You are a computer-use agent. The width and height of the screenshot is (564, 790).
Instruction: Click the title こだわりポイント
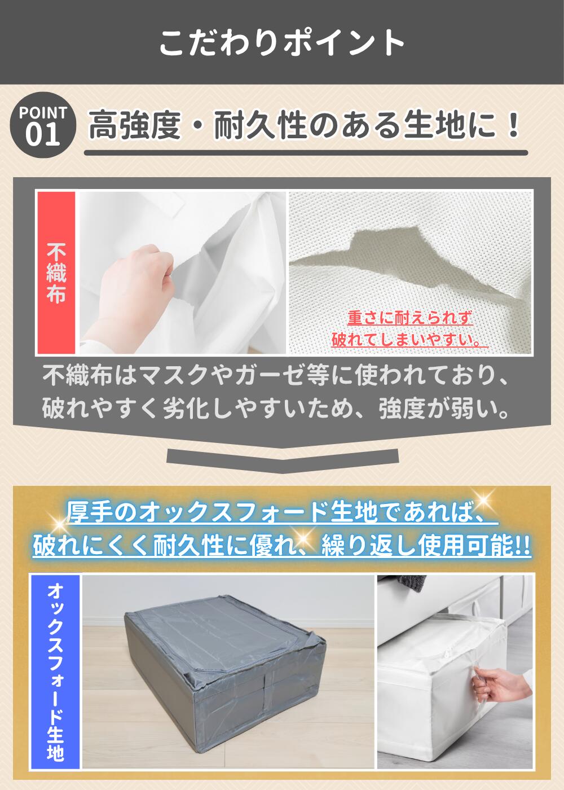click(x=282, y=42)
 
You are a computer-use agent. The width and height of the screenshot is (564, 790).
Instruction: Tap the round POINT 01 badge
click(x=43, y=125)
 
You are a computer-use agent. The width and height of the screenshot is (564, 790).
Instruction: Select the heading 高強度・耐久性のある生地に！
click(x=305, y=125)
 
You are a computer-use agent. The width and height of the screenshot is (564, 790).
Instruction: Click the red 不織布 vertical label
click(x=56, y=273)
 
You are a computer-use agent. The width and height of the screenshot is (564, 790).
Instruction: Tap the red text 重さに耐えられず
click(x=409, y=318)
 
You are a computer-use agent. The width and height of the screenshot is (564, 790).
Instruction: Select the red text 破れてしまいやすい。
click(x=409, y=339)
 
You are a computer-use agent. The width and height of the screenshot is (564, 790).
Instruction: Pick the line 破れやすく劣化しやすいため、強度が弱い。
click(x=276, y=409)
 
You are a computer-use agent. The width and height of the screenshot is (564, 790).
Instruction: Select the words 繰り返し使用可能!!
click(x=426, y=546)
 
